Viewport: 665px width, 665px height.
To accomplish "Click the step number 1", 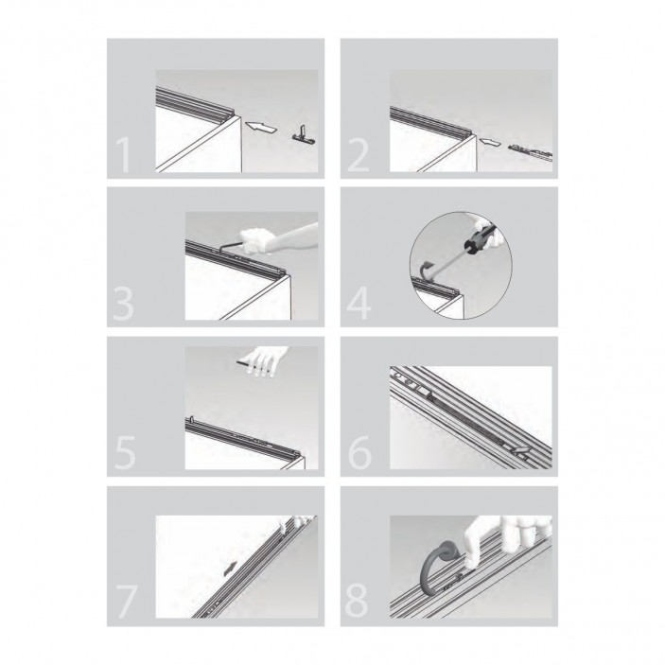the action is (x=124, y=155).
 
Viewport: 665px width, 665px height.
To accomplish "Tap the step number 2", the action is (x=359, y=155).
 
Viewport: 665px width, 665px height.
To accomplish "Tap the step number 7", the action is (x=127, y=602).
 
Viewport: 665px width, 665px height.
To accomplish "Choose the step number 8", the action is (x=357, y=602).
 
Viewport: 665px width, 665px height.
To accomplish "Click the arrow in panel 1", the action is (x=260, y=127).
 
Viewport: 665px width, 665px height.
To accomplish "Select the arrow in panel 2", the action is (x=490, y=144).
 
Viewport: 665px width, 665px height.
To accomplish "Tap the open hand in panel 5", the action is (x=265, y=360).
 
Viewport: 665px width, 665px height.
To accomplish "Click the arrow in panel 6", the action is (x=520, y=451).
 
